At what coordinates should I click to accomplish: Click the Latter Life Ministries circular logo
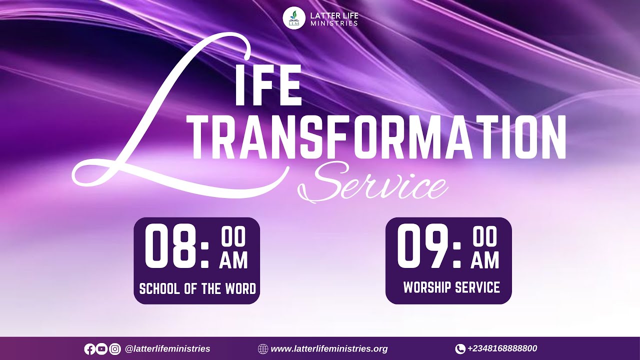pyautogui.click(x=294, y=18)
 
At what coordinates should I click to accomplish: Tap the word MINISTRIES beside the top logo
pyautogui.click(x=334, y=23)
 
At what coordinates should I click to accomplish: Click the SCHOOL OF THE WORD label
pyautogui.click(x=197, y=288)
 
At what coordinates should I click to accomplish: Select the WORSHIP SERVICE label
pyautogui.click(x=451, y=287)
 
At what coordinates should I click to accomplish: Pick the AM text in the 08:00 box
pyautogui.click(x=233, y=260)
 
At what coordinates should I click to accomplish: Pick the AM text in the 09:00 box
pyautogui.click(x=485, y=260)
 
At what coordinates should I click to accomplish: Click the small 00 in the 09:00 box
pyautogui.click(x=485, y=238)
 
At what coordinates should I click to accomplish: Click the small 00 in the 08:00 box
pyautogui.click(x=233, y=238)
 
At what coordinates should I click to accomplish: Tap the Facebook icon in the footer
pyautogui.click(x=90, y=349)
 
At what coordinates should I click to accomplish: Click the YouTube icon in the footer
pyautogui.click(x=102, y=349)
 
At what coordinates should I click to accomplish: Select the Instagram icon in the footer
pyautogui.click(x=115, y=349)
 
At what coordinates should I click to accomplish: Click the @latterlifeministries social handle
pyautogui.click(x=167, y=349)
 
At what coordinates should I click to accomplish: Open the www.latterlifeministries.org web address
pyautogui.click(x=329, y=349)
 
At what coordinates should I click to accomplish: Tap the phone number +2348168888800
pyautogui.click(x=502, y=348)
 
